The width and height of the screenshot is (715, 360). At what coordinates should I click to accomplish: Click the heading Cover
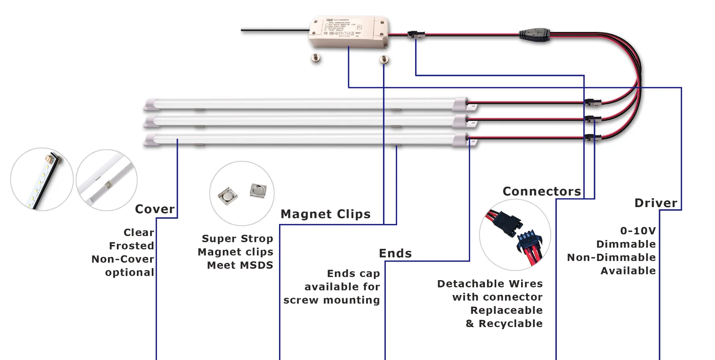point(155,209)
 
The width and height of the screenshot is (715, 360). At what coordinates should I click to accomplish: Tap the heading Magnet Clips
point(325,214)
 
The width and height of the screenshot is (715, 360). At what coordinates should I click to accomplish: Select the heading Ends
point(395,253)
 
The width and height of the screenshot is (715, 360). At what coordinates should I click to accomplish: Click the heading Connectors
point(542,191)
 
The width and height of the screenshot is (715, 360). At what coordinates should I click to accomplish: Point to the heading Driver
point(656,203)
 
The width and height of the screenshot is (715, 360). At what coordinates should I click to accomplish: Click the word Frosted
point(131,246)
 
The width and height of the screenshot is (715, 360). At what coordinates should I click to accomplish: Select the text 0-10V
point(638,231)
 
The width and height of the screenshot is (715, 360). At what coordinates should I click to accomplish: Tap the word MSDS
point(257,265)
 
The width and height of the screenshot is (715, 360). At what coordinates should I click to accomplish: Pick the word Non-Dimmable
point(611,257)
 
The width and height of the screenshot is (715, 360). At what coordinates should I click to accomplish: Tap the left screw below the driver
point(316,58)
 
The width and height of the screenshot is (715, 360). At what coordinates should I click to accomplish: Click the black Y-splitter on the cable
point(534,33)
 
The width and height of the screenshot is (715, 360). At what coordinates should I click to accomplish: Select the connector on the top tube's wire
point(593,103)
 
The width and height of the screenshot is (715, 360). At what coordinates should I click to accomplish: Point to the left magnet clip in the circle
point(228,196)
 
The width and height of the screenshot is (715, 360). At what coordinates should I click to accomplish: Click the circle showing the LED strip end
point(42,179)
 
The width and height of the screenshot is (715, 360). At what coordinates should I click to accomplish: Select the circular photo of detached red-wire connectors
point(515,235)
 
